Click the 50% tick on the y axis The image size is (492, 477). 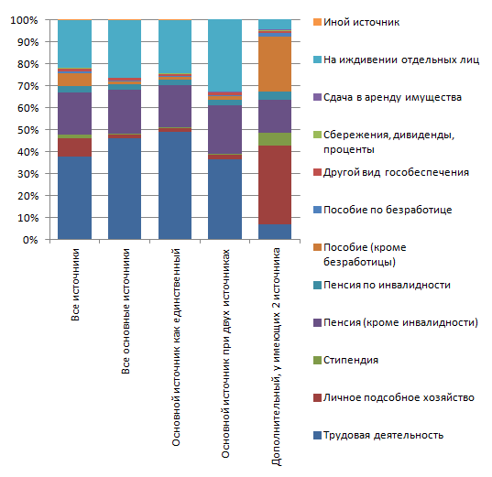[x=48, y=129]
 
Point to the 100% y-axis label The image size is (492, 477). [x=24, y=20]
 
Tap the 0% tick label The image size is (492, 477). [x=30, y=240]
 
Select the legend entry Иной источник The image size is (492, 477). [x=356, y=22]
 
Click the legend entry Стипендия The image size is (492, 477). [x=345, y=360]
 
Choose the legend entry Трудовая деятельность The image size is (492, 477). [x=378, y=435]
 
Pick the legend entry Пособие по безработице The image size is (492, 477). [x=383, y=210]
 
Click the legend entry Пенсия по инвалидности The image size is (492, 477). [x=382, y=285]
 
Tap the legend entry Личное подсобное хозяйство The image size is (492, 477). [x=394, y=397]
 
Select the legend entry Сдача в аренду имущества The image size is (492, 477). [x=388, y=97]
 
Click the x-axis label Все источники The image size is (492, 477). [x=75, y=285]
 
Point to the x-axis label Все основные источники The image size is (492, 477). [x=126, y=311]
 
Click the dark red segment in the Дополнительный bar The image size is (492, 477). [x=275, y=185]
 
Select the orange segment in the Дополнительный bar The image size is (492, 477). [x=275, y=64]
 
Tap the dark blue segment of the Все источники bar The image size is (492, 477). [x=75, y=198]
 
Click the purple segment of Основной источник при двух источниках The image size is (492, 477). [x=225, y=129]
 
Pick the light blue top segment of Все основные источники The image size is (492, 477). [x=125, y=49]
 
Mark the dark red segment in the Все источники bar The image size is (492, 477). [x=75, y=147]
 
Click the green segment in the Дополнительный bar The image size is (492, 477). [x=275, y=139]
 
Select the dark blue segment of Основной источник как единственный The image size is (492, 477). [x=175, y=186]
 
